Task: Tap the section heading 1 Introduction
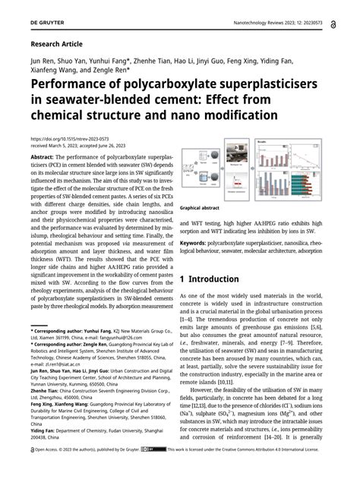pyautogui.click(x=218, y=279)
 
